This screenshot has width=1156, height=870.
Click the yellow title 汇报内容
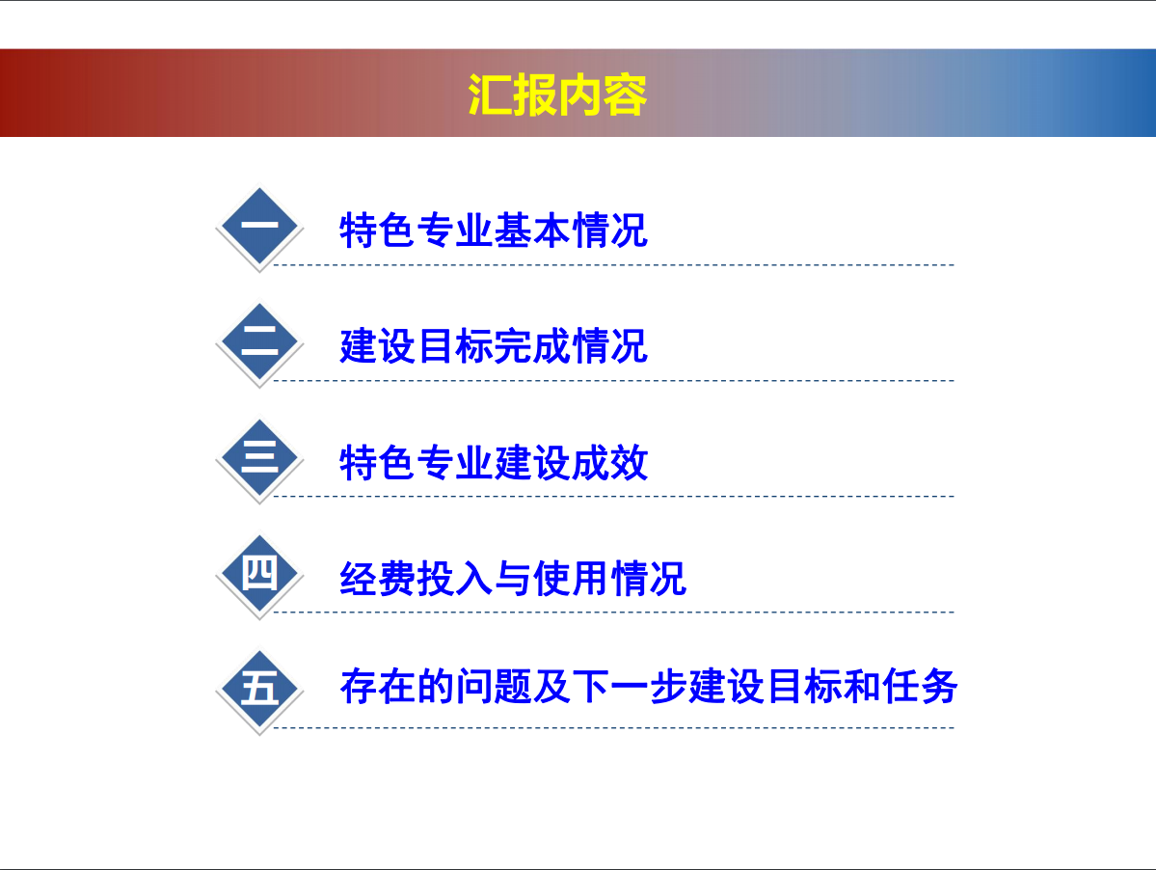tap(557, 95)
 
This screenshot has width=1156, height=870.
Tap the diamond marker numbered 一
tap(259, 227)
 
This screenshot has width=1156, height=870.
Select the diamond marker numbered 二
tap(259, 342)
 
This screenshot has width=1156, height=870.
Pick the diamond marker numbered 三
tap(259, 458)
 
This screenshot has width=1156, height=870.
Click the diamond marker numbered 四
tap(259, 574)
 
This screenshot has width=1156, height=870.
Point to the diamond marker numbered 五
tap(259, 690)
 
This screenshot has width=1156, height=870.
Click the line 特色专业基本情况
tap(494, 230)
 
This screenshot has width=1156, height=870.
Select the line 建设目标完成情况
tap(494, 346)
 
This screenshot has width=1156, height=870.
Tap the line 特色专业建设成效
tap(494, 462)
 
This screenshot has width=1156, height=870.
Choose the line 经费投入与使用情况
tap(512, 578)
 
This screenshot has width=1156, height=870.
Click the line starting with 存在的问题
tap(649, 687)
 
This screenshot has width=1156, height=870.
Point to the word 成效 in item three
tap(609, 462)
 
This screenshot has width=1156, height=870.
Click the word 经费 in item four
tap(378, 578)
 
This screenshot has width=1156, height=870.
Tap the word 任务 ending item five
tap(920, 687)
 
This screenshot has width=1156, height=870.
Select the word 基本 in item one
tap(532, 230)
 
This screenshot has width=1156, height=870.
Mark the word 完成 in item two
tap(532, 346)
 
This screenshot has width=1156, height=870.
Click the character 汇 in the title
tap(490, 95)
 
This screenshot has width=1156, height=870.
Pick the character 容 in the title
tap(625, 95)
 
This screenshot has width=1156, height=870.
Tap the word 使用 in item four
tap(571, 578)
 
